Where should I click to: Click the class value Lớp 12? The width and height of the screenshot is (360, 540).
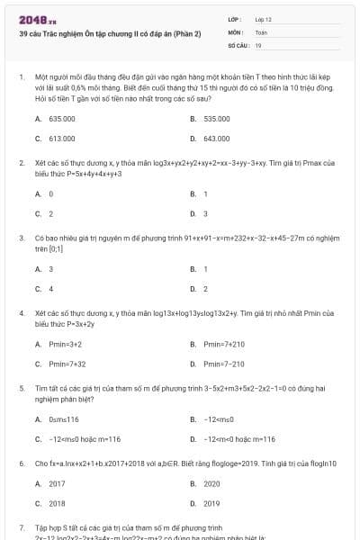263,19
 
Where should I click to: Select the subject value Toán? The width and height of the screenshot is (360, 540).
261,31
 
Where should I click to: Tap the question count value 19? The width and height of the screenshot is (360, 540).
258,44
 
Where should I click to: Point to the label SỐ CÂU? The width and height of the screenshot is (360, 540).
237,44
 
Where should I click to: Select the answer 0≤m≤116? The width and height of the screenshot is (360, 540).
64,419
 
